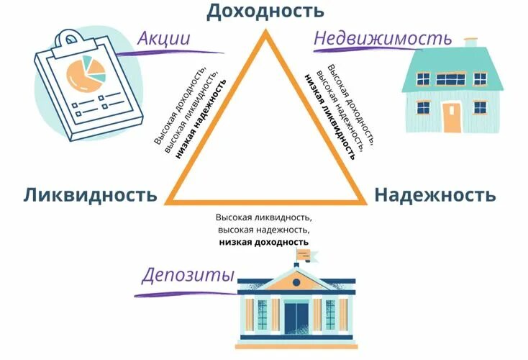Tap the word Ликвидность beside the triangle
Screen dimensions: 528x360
click(89, 194)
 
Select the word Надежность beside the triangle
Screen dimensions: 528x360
click(434, 194)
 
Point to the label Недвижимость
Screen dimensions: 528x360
click(383, 38)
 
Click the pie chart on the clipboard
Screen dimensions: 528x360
click(85, 71)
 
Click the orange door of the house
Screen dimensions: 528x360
click(451, 117)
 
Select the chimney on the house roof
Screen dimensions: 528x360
click(471, 43)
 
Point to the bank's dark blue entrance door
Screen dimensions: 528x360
click(296, 318)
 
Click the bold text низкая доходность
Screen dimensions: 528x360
click(264, 243)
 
